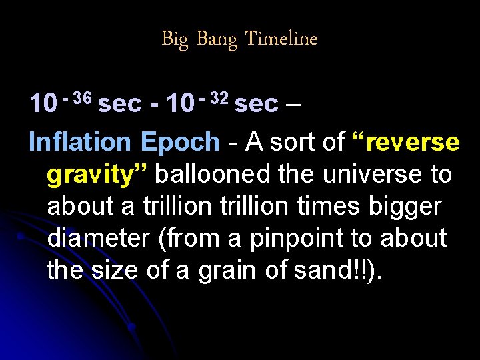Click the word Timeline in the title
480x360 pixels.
(x=281, y=39)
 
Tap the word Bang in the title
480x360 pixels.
(x=217, y=40)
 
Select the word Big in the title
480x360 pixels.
(x=175, y=40)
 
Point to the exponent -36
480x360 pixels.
(x=77, y=98)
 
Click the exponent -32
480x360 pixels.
(x=214, y=98)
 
